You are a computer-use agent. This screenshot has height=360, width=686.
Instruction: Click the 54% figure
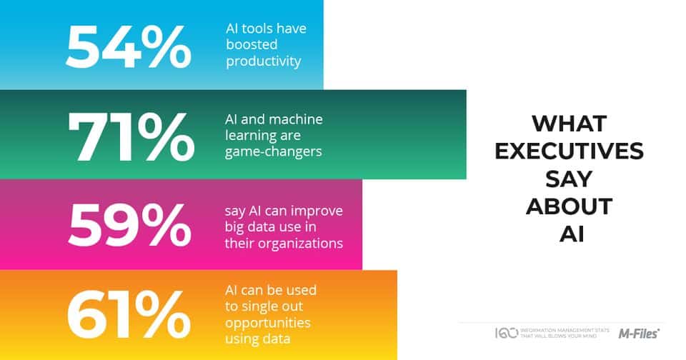[128, 47]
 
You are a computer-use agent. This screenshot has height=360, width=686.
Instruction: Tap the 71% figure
[131, 137]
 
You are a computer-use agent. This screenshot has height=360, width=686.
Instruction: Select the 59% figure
[129, 225]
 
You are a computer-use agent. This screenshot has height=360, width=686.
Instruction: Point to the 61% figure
[128, 315]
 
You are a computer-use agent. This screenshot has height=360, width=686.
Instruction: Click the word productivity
[264, 61]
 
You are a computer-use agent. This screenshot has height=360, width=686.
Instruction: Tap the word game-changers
[274, 152]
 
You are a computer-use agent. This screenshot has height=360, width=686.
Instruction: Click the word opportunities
[268, 324]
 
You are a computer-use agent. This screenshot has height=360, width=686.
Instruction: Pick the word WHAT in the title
[570, 124]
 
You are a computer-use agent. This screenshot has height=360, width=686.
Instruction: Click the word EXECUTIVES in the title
[570, 151]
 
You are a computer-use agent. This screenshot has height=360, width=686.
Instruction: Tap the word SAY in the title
[569, 179]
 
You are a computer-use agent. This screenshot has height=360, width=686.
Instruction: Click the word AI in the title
[572, 235]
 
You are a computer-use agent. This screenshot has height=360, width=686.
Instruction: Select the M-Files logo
[639, 334]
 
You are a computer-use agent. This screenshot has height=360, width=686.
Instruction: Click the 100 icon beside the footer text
[506, 333]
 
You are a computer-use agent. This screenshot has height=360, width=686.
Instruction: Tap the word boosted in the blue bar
[252, 44]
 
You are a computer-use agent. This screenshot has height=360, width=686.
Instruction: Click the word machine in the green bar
[296, 119]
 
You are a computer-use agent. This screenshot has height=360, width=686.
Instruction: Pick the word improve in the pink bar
[317, 211]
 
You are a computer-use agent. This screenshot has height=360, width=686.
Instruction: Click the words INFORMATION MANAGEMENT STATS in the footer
[565, 330]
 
